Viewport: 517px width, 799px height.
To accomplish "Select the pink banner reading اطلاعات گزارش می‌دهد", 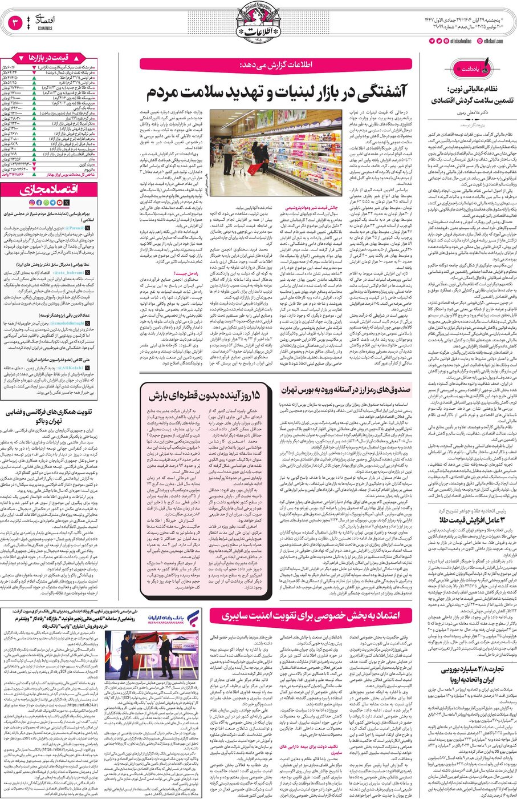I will pos(276,63).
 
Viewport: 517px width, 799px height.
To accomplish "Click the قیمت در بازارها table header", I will pos(50,58).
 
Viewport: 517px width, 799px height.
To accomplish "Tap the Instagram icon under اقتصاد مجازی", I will pos(32,202).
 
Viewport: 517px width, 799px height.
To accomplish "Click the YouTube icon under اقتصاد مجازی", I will pos(60,202).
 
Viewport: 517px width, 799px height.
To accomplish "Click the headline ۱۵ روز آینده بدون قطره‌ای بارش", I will pos(204,396).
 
